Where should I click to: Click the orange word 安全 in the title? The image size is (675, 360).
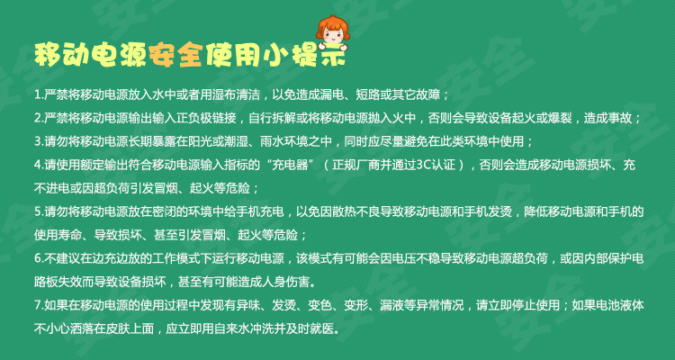click(177, 55)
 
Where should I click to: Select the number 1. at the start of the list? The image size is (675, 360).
click(40, 94)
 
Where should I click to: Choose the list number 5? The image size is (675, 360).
click(40, 211)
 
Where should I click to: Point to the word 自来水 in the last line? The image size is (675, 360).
click(254, 329)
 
